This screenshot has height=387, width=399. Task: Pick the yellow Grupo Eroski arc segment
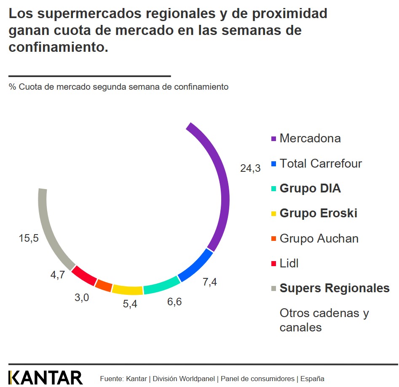[128, 289]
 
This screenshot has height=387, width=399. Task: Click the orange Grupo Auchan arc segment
[103, 285]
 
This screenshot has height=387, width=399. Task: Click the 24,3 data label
[250, 168]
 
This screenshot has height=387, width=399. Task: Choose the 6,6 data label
[174, 302]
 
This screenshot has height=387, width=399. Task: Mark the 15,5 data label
[29, 238]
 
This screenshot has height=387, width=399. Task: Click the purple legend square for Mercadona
[273, 139]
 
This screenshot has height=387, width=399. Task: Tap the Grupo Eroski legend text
[318, 213]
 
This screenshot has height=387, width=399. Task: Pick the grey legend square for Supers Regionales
[273, 289]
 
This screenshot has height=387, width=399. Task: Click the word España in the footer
[312, 379]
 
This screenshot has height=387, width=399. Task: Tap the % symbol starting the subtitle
[12, 87]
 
